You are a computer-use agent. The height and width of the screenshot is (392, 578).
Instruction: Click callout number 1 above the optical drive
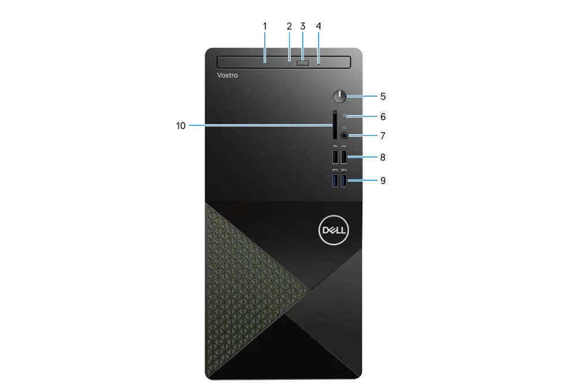pyautogui.click(x=265, y=26)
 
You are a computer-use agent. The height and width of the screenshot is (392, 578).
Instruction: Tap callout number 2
pyautogui.click(x=289, y=26)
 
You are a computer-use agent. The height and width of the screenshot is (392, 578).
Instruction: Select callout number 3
pyautogui.click(x=303, y=26)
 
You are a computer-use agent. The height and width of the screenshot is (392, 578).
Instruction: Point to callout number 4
pyautogui.click(x=318, y=26)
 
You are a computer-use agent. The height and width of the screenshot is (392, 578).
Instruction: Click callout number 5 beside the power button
pyautogui.click(x=383, y=96)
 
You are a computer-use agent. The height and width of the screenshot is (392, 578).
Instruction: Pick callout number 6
pyautogui.click(x=383, y=117)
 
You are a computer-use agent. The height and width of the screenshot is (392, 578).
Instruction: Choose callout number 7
pyautogui.click(x=383, y=136)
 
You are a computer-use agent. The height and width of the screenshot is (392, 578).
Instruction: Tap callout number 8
pyautogui.click(x=383, y=157)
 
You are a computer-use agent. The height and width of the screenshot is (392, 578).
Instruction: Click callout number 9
pyautogui.click(x=383, y=180)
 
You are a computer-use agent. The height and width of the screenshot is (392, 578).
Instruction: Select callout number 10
pyautogui.click(x=180, y=126)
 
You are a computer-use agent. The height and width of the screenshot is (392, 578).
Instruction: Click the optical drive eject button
pyautogui.click(x=303, y=64)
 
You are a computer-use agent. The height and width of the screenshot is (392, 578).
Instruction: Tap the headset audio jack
pyautogui.click(x=344, y=136)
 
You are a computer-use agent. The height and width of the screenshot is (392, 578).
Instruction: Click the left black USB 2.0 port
pyautogui.click(x=335, y=157)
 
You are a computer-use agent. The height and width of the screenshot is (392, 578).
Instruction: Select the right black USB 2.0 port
pyautogui.click(x=344, y=157)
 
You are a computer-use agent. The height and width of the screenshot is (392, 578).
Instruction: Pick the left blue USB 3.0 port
pyautogui.click(x=335, y=180)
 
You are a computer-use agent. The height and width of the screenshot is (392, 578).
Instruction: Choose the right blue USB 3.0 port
pyautogui.click(x=344, y=180)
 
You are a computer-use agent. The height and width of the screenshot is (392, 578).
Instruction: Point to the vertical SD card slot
pyautogui.click(x=335, y=125)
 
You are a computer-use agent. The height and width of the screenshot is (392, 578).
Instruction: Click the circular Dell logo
pyautogui.click(x=334, y=230)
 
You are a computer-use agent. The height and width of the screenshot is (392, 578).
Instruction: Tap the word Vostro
pyautogui.click(x=227, y=75)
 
